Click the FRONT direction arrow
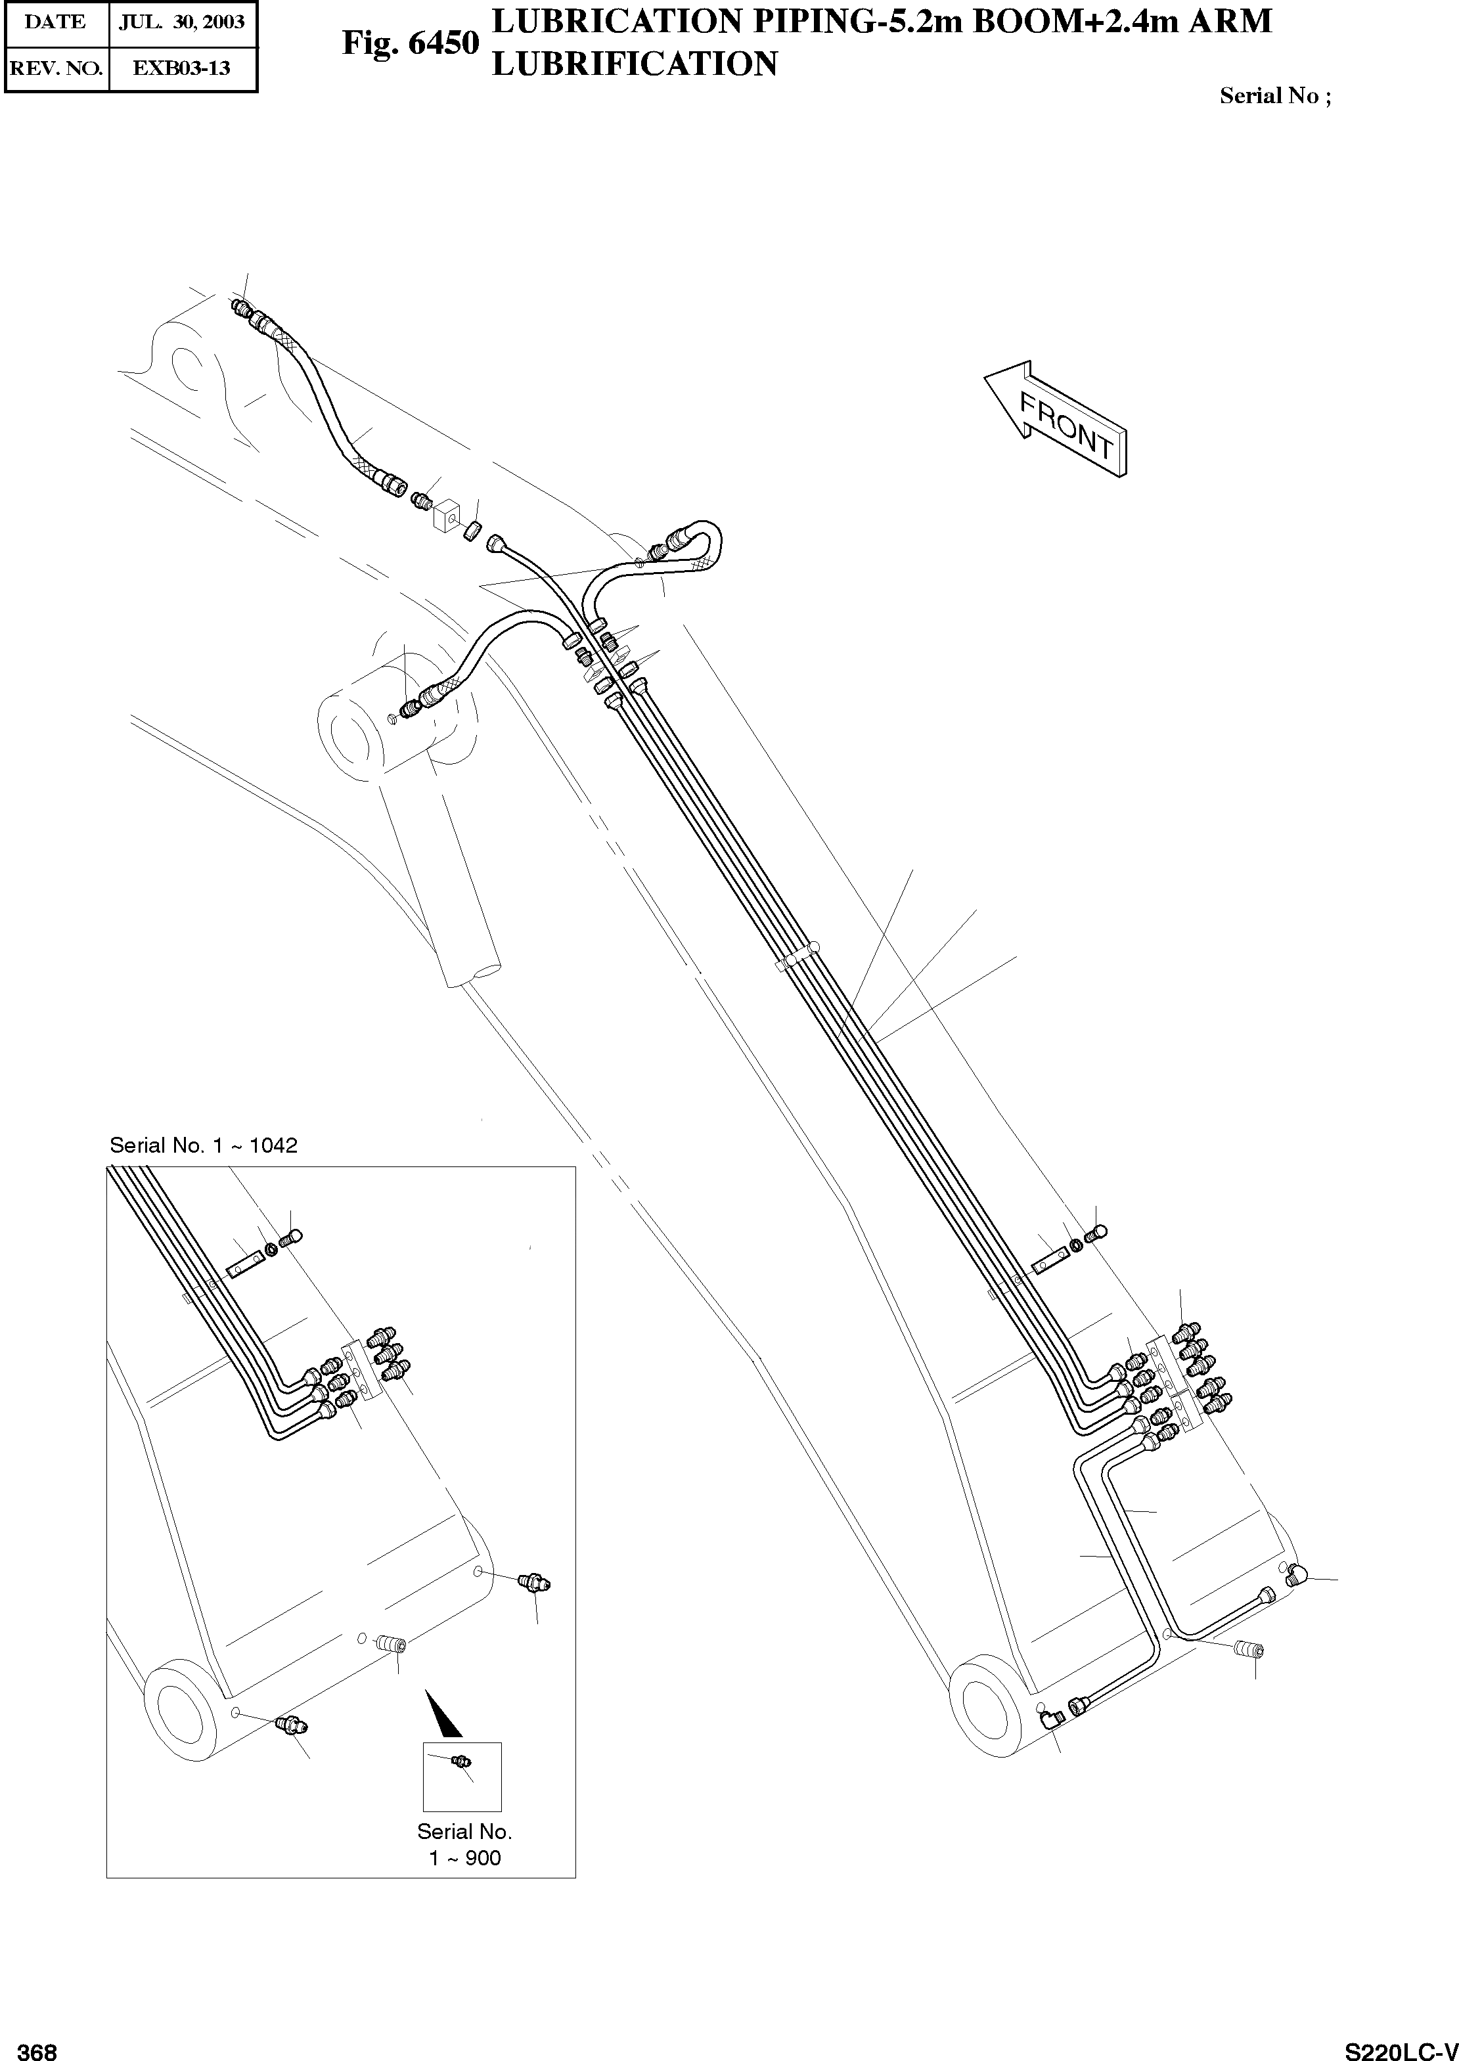[1056, 418]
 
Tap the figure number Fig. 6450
[411, 43]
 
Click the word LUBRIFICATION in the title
[635, 64]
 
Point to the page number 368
[37, 2050]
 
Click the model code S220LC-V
[1401, 2050]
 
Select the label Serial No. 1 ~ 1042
[203, 1145]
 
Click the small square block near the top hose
[447, 518]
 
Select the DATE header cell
[56, 22]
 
